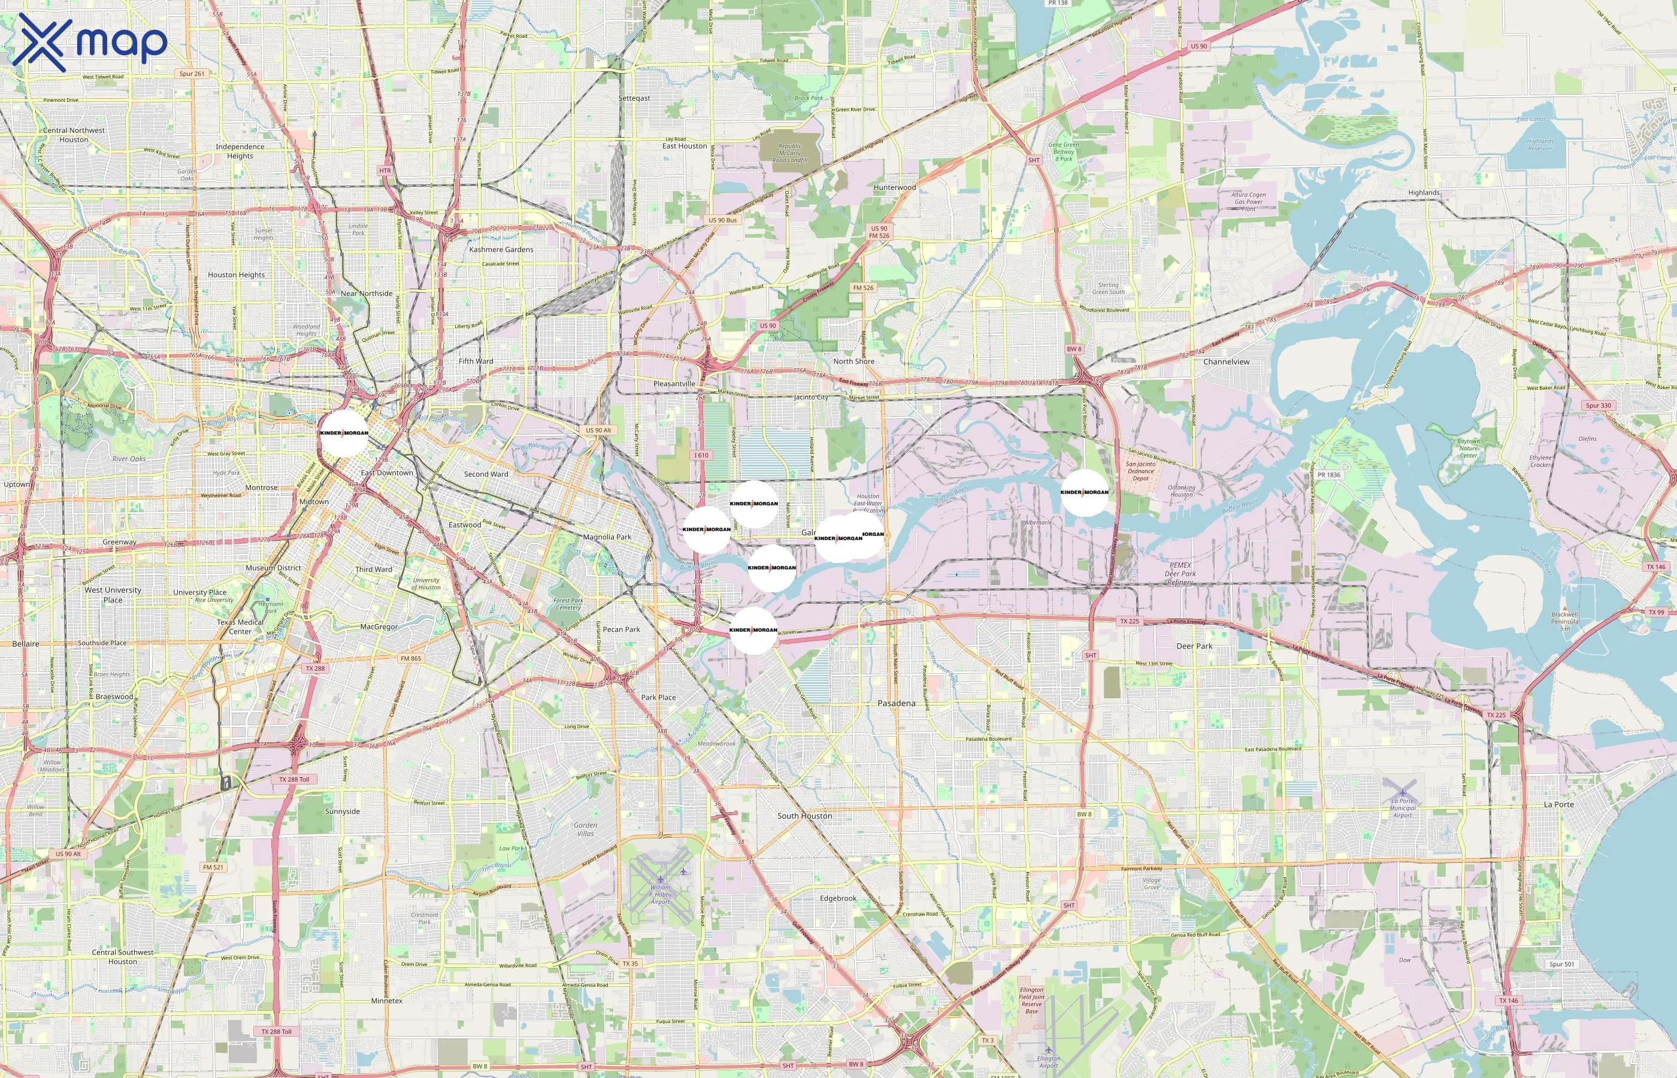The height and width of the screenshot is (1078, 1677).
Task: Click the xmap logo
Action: pos(90,43)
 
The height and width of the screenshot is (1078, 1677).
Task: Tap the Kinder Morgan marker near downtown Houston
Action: pos(344,432)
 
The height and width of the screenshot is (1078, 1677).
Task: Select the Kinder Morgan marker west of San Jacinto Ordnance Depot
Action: pos(1084,492)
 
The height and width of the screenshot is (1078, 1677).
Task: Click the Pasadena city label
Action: pos(896,703)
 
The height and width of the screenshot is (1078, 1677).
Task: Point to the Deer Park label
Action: pos(1194,646)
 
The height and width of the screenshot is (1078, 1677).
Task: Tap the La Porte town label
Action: pos(1559,804)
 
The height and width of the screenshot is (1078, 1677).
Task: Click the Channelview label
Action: pos(1226,362)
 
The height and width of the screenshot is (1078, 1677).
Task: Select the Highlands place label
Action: pos(1424,192)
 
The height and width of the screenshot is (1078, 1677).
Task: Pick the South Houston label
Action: pos(804,816)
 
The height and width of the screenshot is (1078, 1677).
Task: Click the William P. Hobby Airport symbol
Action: pos(660,879)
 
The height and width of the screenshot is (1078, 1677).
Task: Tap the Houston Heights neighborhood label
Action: pos(236,275)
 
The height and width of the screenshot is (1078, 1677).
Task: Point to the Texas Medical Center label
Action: pos(240,626)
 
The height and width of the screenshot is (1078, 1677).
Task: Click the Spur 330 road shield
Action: pos(1598,405)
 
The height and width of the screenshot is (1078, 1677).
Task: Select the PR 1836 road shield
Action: pos(1328,474)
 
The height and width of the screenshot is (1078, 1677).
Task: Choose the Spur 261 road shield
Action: pos(192,74)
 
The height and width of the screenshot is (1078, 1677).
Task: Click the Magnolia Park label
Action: pos(607,537)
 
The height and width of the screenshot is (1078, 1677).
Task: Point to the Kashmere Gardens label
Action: pos(501,249)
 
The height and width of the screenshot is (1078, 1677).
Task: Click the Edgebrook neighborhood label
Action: pos(838,898)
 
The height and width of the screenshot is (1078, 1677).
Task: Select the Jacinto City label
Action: pos(810,397)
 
